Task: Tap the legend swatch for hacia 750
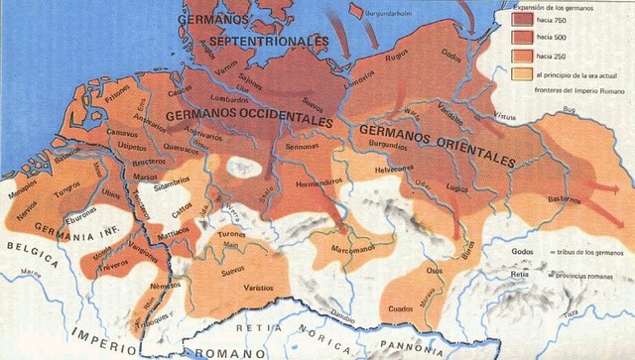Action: [x=522, y=18]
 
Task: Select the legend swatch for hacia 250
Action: [x=522, y=56]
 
